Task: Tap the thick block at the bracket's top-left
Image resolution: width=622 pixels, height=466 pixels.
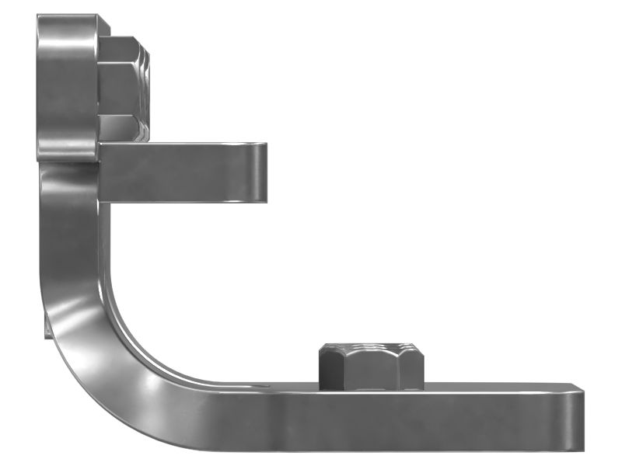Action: point(68,85)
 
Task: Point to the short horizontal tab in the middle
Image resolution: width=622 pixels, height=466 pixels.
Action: point(183,172)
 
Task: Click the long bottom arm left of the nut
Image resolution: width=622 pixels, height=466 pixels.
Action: point(257,416)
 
